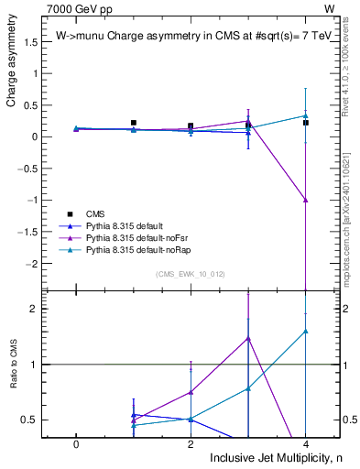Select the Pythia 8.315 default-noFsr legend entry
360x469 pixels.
[x=137, y=237]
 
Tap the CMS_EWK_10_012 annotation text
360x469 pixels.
[x=191, y=274]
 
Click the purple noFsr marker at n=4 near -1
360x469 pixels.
[x=306, y=199]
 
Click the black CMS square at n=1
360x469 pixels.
[x=134, y=123]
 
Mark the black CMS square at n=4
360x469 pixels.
[x=306, y=123]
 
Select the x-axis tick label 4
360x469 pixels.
[x=306, y=443]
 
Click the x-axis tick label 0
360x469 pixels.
[x=76, y=443]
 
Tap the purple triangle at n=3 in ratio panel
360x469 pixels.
[x=248, y=338]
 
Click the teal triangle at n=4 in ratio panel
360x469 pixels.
[x=306, y=331]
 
